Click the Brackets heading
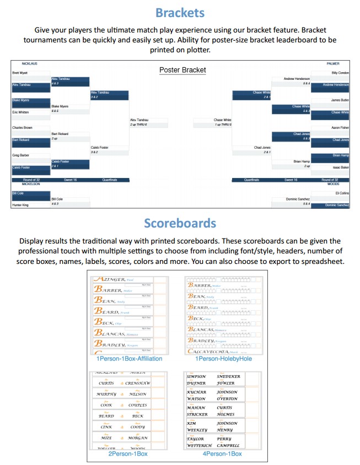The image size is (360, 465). [180, 13]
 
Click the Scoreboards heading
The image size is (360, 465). [180, 224]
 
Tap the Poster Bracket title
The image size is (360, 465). [182, 70]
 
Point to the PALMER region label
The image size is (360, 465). [332, 63]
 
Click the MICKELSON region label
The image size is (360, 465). [31, 183]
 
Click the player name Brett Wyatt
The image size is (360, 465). [20, 73]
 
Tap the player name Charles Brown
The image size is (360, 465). [22, 127]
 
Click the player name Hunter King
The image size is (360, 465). [20, 205]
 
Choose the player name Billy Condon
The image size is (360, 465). [340, 73]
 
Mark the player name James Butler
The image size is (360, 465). [340, 100]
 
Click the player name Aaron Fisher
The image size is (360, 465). [340, 127]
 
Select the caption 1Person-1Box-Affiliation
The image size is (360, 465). [130, 359]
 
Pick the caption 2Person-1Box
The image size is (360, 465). [128, 453]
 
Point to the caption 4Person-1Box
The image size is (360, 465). [222, 453]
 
